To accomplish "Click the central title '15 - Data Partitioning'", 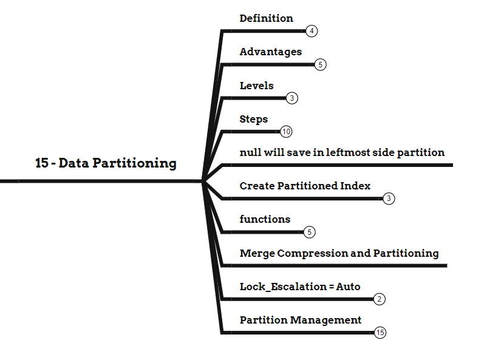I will click(x=106, y=163).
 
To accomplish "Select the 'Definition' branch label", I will click(x=266, y=18).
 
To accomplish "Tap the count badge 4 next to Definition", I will click(x=312, y=31).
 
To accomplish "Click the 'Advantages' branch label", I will click(x=270, y=52).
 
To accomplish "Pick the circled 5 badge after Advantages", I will click(x=321, y=64).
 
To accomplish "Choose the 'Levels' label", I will click(x=256, y=86).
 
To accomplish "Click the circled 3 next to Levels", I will click(x=292, y=98).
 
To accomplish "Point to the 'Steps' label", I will click(x=253, y=119).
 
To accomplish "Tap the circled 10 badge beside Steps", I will click(x=287, y=131).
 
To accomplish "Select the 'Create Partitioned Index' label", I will click(x=305, y=186).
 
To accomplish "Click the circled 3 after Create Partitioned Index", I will click(x=389, y=199).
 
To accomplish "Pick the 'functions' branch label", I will click(x=265, y=219).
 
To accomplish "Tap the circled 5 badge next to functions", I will click(x=309, y=232).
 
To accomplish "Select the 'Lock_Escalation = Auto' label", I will click(x=300, y=287).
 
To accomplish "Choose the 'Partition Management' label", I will click(x=301, y=320).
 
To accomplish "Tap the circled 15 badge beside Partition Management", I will click(x=380, y=332).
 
